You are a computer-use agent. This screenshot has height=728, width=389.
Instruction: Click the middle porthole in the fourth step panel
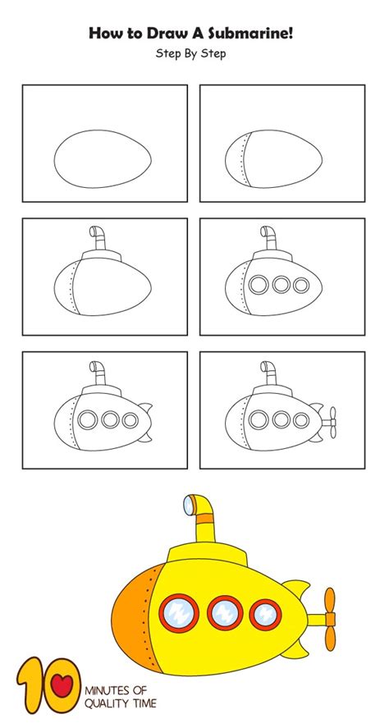tap(281, 286)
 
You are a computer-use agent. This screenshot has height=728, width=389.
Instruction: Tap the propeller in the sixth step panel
tap(331, 422)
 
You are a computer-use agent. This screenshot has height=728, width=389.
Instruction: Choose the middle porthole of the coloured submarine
tap(222, 612)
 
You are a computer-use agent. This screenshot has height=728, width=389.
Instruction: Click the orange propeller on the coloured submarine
tap(330, 618)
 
